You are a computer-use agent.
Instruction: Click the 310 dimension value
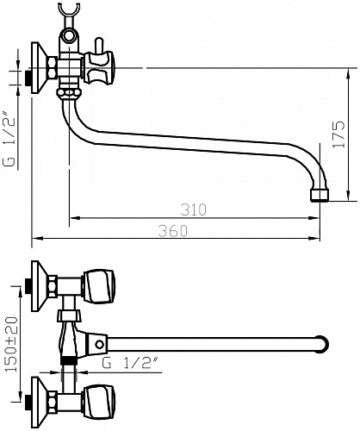click(194, 209)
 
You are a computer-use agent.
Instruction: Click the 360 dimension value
click(173, 231)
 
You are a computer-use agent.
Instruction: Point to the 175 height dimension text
click(338, 134)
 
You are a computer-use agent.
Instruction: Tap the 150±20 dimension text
click(12, 344)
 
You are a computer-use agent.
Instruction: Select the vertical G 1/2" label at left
click(9, 138)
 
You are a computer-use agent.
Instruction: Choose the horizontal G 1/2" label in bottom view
click(130, 363)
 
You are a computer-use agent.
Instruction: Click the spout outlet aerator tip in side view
click(320, 196)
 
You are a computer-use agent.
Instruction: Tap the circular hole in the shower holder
click(69, 36)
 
